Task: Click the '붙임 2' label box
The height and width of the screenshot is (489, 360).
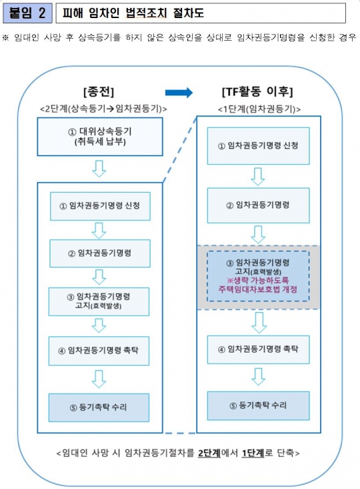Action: click(x=27, y=13)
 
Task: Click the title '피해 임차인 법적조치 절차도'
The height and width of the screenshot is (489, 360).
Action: click(x=133, y=13)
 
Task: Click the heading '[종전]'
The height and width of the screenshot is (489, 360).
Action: click(x=99, y=91)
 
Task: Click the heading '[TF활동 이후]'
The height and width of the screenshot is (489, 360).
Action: click(x=257, y=91)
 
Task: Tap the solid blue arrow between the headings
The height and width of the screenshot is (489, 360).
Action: click(x=179, y=93)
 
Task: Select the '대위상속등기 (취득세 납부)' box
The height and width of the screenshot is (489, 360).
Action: click(x=100, y=137)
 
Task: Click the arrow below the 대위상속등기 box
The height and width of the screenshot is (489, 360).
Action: click(x=99, y=169)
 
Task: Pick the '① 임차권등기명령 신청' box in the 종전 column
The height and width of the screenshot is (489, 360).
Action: click(x=100, y=206)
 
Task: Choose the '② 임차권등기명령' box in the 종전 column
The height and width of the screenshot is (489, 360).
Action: click(x=100, y=254)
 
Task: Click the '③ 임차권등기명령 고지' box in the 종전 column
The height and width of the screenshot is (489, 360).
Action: click(x=99, y=302)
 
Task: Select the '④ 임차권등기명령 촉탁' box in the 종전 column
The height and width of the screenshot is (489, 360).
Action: click(x=99, y=351)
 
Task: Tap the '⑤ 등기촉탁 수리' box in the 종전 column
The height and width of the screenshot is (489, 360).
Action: click(x=99, y=408)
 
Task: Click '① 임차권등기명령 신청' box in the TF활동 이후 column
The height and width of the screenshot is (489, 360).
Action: click(x=259, y=145)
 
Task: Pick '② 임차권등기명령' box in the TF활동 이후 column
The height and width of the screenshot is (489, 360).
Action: click(x=259, y=205)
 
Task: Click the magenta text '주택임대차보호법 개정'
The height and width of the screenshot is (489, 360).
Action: click(x=258, y=289)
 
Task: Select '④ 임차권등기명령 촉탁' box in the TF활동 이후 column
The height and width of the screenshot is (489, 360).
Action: click(x=259, y=350)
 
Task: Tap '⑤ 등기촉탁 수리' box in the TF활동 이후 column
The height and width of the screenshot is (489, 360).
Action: click(x=259, y=406)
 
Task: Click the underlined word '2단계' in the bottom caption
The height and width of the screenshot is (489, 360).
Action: click(x=209, y=453)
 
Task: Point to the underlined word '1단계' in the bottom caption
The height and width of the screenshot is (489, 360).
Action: click(x=253, y=453)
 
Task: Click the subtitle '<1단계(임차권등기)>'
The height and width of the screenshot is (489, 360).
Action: click(x=259, y=109)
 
